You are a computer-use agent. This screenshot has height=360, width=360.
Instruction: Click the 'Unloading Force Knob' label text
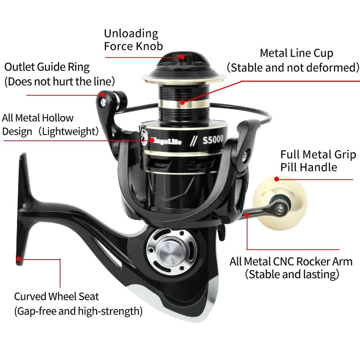coord(131,39)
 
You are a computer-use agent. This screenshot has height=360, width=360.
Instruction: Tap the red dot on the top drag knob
coord(182,57)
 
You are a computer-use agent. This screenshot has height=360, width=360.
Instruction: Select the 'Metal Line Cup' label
coord(296,53)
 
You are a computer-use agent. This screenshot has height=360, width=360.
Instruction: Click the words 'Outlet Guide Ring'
coord(47,67)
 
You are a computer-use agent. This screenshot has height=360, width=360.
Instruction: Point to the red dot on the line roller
coord(104,95)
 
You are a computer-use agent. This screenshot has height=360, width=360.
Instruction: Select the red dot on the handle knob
coord(276,179)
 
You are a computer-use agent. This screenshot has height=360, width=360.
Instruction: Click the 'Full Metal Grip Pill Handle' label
coord(318,161)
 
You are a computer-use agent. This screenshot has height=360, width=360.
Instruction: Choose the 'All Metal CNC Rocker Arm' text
coord(291,261)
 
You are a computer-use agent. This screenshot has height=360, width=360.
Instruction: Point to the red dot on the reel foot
coord(19,259)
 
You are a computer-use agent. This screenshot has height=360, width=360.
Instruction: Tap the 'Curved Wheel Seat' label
coord(56,296)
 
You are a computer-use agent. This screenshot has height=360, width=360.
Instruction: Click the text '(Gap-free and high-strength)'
coord(78,311)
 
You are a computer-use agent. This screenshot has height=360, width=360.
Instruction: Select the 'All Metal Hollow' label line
coord(38,118)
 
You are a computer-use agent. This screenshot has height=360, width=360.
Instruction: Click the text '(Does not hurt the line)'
coord(60,81)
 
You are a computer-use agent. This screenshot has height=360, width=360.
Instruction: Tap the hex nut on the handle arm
coord(280,209)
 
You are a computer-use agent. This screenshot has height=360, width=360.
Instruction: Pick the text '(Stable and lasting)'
coord(292,274)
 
